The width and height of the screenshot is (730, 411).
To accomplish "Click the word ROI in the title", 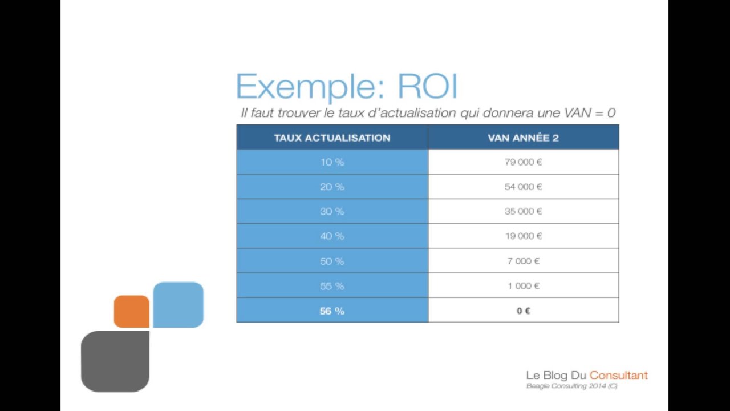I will (x=427, y=87).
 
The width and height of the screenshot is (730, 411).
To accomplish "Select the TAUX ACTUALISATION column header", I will (x=332, y=138).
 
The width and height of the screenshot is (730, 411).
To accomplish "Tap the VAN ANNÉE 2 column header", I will (x=523, y=138).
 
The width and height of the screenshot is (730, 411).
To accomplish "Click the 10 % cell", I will (x=332, y=162).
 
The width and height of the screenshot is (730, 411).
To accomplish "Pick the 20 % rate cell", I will (x=332, y=187).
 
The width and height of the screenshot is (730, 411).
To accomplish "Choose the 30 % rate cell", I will (x=332, y=211).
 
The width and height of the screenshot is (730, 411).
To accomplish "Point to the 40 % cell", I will (x=332, y=236).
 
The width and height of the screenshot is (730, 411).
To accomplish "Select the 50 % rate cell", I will (x=332, y=261).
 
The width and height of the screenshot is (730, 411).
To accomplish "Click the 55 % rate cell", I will (x=332, y=285).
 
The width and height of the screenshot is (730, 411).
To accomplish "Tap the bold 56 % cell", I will (x=332, y=311).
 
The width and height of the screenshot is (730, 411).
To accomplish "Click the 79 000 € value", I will (x=523, y=162).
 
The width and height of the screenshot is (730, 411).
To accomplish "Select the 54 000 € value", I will (x=523, y=187).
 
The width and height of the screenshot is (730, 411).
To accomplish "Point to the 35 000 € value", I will (x=523, y=211).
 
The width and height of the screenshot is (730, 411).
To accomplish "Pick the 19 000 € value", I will (x=523, y=236).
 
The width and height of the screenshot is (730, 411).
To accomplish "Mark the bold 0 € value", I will (x=523, y=311).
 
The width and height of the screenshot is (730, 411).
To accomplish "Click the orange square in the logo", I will (x=132, y=311).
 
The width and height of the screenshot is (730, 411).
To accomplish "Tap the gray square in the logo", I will (x=115, y=361).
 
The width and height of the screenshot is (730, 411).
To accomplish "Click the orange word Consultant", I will (x=618, y=376).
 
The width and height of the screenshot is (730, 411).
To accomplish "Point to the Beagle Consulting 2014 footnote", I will (x=571, y=386).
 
